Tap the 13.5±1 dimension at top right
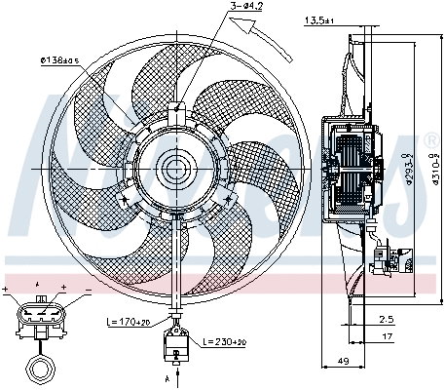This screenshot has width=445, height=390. point(319,19)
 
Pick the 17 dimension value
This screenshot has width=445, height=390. point(387,336)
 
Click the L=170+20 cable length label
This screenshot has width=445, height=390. point(128,320)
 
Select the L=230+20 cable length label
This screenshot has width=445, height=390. point(226,342)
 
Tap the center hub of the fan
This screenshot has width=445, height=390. point(176,169)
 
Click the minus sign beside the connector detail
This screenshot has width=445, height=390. point(85,291)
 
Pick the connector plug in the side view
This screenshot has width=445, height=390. point(390,259)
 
